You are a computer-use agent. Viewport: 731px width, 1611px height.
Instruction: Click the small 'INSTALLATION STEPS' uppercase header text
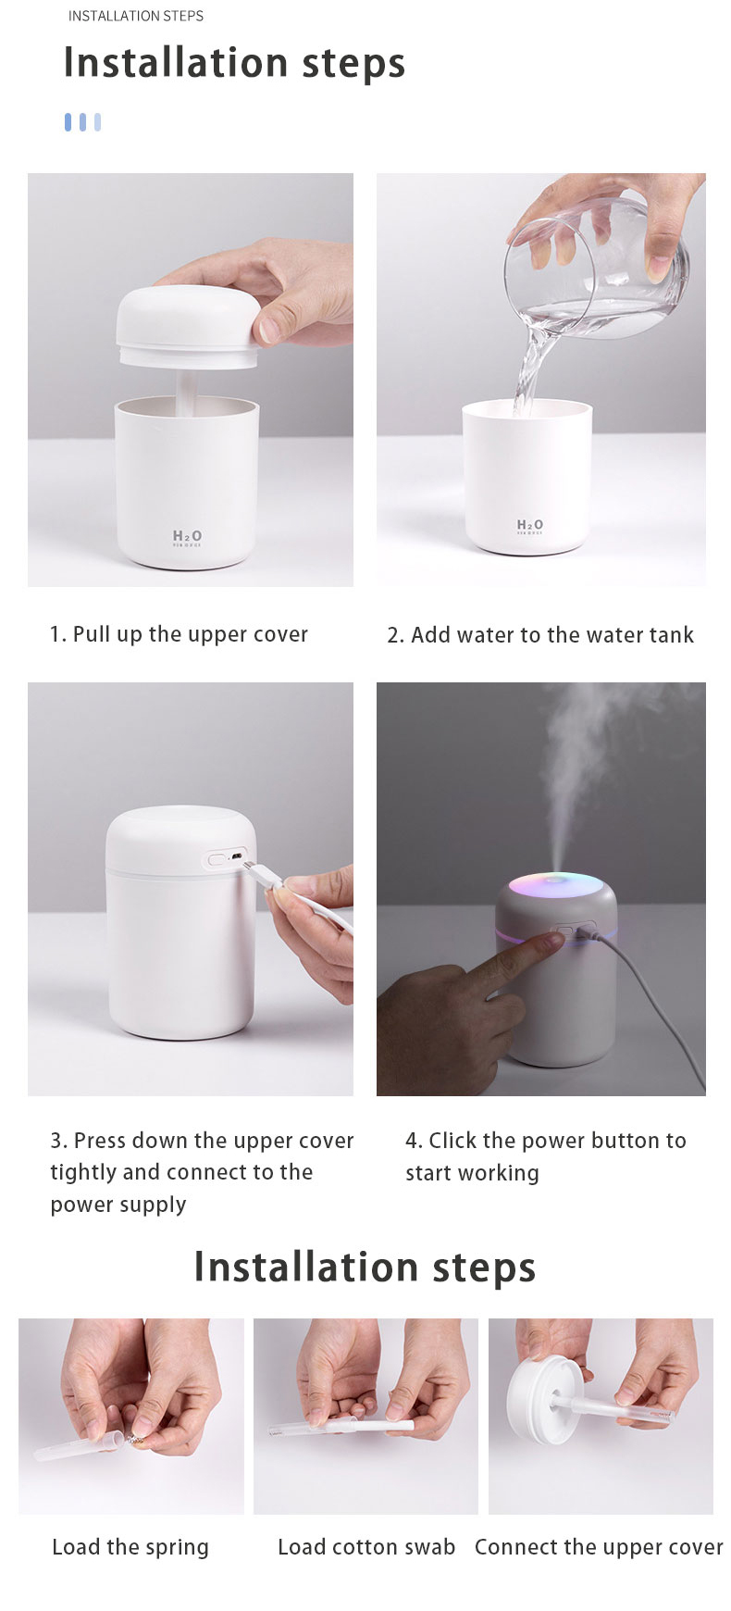135,16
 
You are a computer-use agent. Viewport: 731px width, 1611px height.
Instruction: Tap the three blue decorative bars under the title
82,122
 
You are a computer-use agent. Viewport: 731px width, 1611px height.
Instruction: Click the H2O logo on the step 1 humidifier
187,537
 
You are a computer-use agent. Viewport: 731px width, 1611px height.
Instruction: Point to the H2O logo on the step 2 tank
530,525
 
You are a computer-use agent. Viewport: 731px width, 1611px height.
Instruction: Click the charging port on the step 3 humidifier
236,857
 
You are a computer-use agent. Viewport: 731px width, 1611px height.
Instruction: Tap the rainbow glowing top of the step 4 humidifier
555,884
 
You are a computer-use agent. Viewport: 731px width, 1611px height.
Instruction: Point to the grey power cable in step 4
662,1009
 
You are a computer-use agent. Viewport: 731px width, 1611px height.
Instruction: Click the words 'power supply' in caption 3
118,1205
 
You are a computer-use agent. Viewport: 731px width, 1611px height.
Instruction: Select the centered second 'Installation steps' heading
365,1268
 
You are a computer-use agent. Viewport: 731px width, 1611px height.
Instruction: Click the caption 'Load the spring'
130,1547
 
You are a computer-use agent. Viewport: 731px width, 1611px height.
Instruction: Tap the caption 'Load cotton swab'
366,1547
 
